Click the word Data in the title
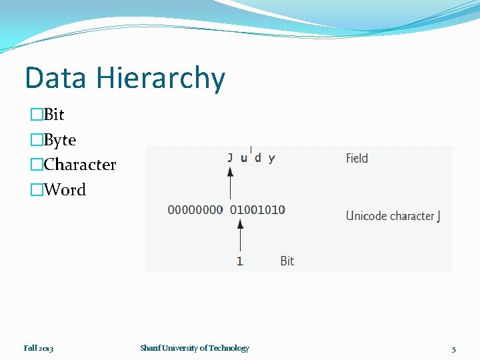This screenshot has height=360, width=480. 56,78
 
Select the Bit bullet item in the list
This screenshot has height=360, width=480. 53,115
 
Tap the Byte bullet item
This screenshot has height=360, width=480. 59,140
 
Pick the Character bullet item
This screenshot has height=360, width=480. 79,165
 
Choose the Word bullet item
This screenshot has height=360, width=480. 65,190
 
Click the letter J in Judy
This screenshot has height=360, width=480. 230,158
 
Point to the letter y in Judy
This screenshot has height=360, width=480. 272,159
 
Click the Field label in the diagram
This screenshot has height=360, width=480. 357,158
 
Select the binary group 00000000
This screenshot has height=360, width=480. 195,209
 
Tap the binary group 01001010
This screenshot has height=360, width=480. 257,209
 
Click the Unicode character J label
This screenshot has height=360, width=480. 393,215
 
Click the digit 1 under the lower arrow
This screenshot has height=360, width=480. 240,261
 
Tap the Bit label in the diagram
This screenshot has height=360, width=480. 287,261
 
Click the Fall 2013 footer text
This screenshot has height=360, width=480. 39,348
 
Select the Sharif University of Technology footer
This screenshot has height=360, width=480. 195,348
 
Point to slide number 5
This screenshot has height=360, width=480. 453,349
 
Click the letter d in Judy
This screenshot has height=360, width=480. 258,158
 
